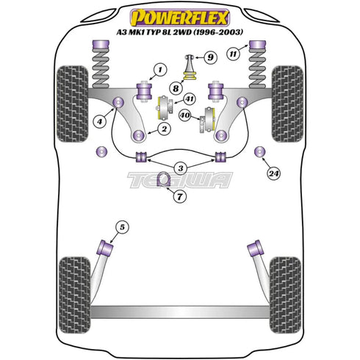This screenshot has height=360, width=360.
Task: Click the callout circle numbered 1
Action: tap(156, 71)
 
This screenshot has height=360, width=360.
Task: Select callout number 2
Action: tap(161, 129)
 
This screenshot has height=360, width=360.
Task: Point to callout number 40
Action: tap(187, 115)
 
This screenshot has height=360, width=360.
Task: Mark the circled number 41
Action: tap(190, 99)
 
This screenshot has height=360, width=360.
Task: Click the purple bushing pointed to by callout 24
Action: tap(259, 152)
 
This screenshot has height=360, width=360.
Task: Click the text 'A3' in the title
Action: tap(123, 32)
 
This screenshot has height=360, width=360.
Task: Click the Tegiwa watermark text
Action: tap(179, 179)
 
